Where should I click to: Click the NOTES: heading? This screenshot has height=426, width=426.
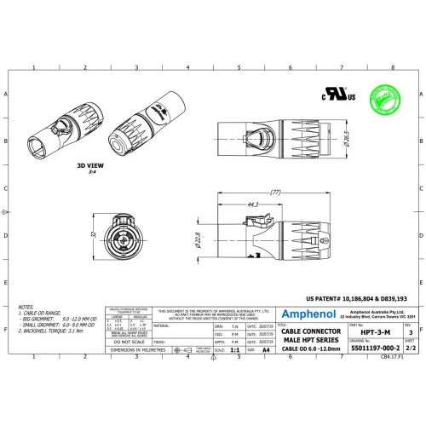[26, 304]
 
